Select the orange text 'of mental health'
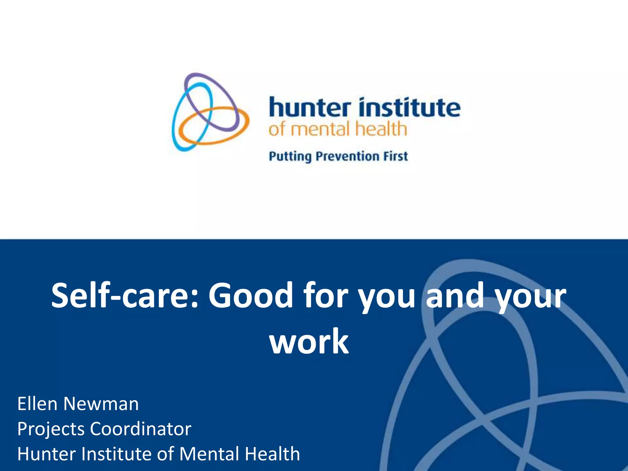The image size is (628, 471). tap(338, 129)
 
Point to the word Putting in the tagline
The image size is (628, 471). tap(290, 157)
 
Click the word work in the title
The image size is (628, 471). tap(309, 341)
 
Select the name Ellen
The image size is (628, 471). tap(37, 404)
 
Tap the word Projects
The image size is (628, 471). tap(51, 429)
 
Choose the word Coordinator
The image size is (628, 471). tap(140, 429)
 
